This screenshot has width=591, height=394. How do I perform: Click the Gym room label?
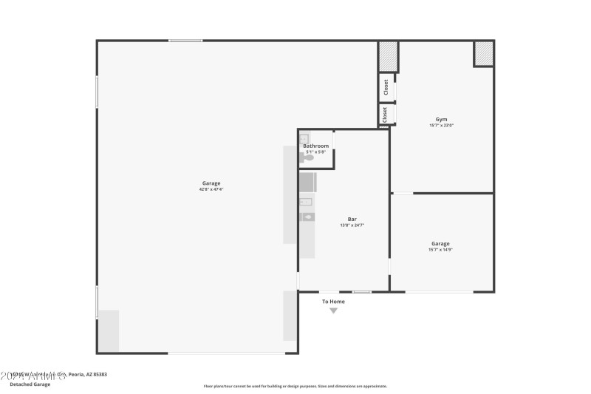click(x=441, y=119)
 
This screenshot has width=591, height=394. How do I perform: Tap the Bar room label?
click(x=352, y=219)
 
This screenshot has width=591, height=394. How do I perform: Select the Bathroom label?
click(x=315, y=146)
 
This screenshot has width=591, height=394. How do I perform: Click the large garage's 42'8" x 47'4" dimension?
click(x=211, y=189)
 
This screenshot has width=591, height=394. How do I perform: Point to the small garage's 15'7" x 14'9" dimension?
click(x=441, y=250)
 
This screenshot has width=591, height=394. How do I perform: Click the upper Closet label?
click(x=386, y=86)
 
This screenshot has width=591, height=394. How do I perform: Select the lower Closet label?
click(x=385, y=115)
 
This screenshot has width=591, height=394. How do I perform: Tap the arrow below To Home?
click(x=333, y=310)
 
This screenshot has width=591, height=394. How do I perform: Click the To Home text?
click(x=333, y=302)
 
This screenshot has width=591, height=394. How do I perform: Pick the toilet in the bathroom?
click(x=308, y=157)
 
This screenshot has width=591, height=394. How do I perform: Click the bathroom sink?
click(x=304, y=138)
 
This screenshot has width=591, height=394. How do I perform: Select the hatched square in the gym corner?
click(x=483, y=54)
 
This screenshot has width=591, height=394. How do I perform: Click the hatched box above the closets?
click(x=389, y=56)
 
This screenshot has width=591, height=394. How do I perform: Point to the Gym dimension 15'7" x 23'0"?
click(x=441, y=126)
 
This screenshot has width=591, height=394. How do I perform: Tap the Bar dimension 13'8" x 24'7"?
click(x=352, y=225)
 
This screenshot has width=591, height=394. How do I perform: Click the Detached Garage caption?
click(x=30, y=384)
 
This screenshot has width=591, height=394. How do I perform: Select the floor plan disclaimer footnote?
click(x=295, y=386)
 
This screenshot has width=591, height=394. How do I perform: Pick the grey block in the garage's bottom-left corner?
click(x=108, y=330)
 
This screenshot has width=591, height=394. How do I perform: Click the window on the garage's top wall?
click(x=185, y=41)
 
